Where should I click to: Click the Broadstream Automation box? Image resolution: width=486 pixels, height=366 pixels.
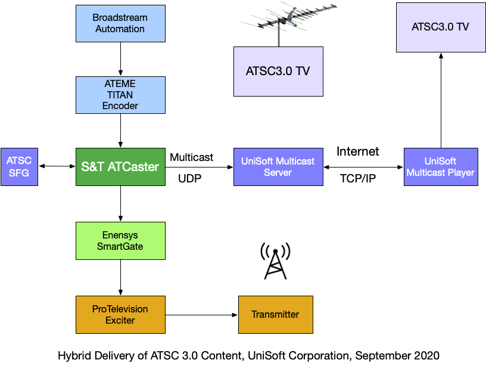[120, 24]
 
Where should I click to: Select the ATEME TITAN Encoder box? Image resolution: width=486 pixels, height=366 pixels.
[120, 95]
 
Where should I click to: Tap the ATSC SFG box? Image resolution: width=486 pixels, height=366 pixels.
[19, 166]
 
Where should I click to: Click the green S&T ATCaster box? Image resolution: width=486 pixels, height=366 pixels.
[120, 166]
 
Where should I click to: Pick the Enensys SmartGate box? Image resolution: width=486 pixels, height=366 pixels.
[120, 240]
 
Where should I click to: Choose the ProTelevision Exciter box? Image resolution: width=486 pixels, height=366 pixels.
[120, 314]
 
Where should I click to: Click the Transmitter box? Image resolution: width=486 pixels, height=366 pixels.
[275, 314]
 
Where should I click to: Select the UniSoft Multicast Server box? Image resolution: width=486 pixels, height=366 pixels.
[278, 166]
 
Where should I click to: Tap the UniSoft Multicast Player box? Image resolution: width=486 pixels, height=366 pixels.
[440, 166]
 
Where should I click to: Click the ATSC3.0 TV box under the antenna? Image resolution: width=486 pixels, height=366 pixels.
[278, 71]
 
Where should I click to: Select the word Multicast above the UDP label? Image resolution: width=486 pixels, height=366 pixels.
[191, 157]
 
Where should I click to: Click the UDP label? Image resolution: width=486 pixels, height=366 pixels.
[189, 178]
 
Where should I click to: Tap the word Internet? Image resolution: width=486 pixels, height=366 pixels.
[357, 151]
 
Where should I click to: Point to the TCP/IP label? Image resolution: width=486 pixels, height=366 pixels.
[357, 178]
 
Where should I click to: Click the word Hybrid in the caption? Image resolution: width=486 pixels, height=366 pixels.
[73, 356]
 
